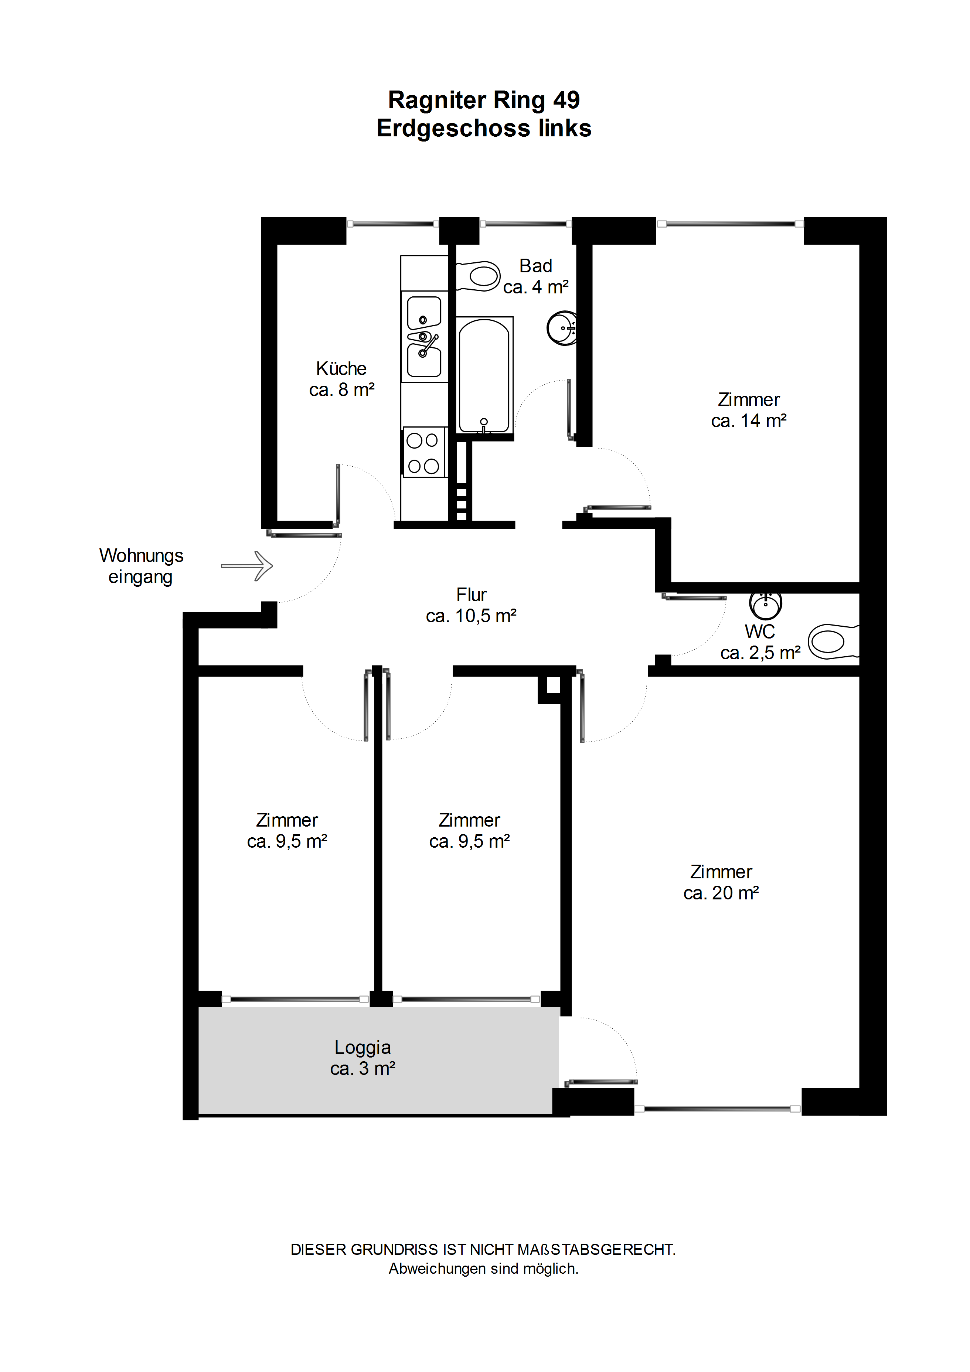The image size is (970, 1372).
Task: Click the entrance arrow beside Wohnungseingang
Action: (247, 565)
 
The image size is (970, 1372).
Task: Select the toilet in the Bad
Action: (478, 276)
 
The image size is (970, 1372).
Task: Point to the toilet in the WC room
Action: (834, 642)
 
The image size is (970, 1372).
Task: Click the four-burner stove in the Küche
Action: (424, 452)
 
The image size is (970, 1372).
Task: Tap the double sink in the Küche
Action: (424, 336)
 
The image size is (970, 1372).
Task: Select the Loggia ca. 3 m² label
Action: (363, 1058)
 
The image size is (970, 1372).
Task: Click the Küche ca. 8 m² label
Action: (341, 379)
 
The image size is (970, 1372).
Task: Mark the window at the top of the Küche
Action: (393, 224)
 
